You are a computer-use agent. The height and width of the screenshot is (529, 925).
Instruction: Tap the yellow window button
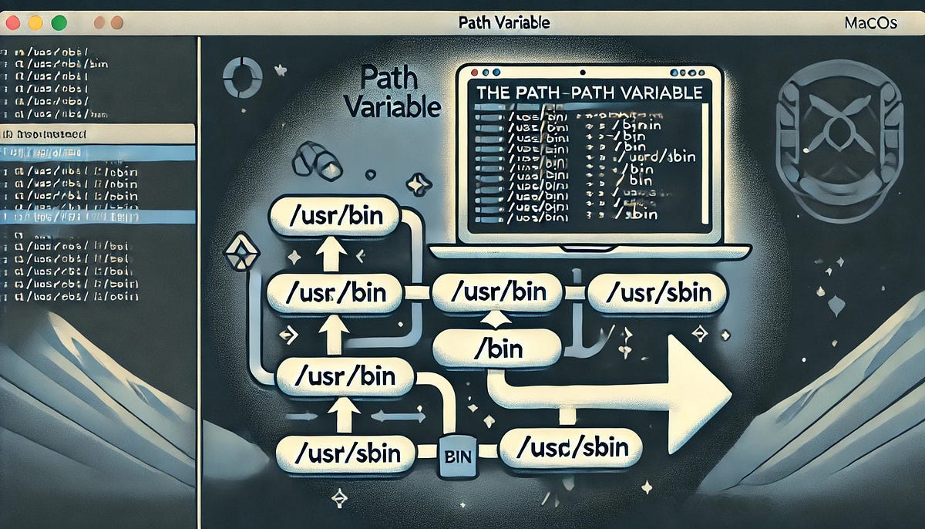click(x=35, y=23)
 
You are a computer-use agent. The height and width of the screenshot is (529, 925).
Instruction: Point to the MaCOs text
click(x=870, y=22)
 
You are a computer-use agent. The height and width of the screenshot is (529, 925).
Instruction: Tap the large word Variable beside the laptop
click(x=392, y=106)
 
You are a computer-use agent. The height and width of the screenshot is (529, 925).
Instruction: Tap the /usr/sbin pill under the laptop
click(x=657, y=293)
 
